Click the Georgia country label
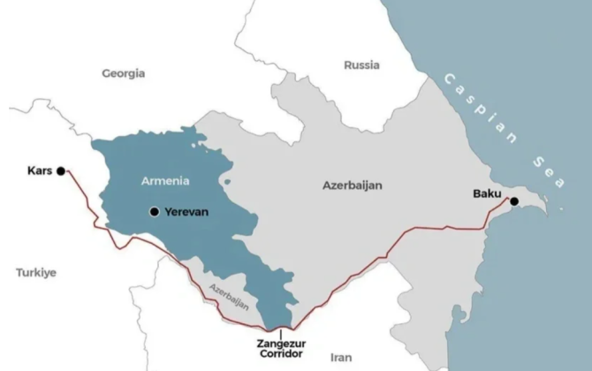123,73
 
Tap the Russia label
361,64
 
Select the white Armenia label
165,181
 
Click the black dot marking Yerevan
155,212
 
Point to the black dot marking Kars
60,170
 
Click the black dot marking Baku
514,201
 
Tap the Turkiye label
35,273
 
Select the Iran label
340,358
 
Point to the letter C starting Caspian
448,78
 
